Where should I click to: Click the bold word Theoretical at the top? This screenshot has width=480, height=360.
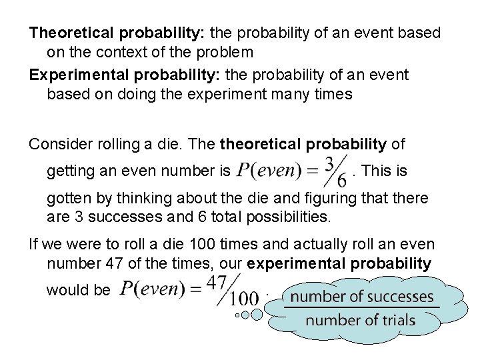tap(70, 33)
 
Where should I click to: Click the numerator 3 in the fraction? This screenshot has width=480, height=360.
tap(329, 163)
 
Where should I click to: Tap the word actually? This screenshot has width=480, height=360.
tap(316, 245)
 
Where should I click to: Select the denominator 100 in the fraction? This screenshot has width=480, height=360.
tap(245, 299)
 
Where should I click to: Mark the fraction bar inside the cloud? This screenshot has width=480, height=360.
tap(361, 307)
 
